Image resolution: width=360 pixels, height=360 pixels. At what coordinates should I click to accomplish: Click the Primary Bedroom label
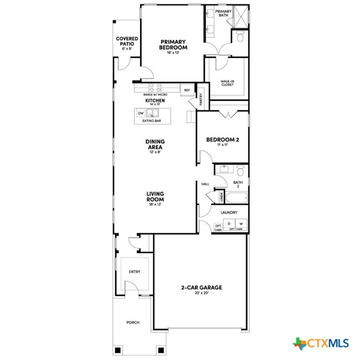coord(173,45)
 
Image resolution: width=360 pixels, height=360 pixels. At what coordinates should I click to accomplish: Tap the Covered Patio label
coord(127,42)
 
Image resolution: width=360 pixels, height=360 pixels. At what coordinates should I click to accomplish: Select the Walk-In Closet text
coord(228,83)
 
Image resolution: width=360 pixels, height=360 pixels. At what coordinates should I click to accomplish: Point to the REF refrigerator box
coord(187,90)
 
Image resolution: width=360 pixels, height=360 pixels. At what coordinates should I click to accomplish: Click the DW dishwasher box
coord(140,113)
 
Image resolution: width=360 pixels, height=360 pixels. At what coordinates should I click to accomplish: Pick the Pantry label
coord(201,100)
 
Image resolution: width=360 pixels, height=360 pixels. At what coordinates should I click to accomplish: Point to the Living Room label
coord(155,196)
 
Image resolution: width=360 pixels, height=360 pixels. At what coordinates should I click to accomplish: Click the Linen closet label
coord(221,197)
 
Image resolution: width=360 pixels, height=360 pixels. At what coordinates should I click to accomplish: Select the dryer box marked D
coord(229,224)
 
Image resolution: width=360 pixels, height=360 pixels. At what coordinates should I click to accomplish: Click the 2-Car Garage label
coord(202,288)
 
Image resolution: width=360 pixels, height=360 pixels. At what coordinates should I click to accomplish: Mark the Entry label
coord(135,272)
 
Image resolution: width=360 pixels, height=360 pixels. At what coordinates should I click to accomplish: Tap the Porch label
coord(133,322)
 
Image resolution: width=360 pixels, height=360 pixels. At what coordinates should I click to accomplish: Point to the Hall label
coord(205,184)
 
